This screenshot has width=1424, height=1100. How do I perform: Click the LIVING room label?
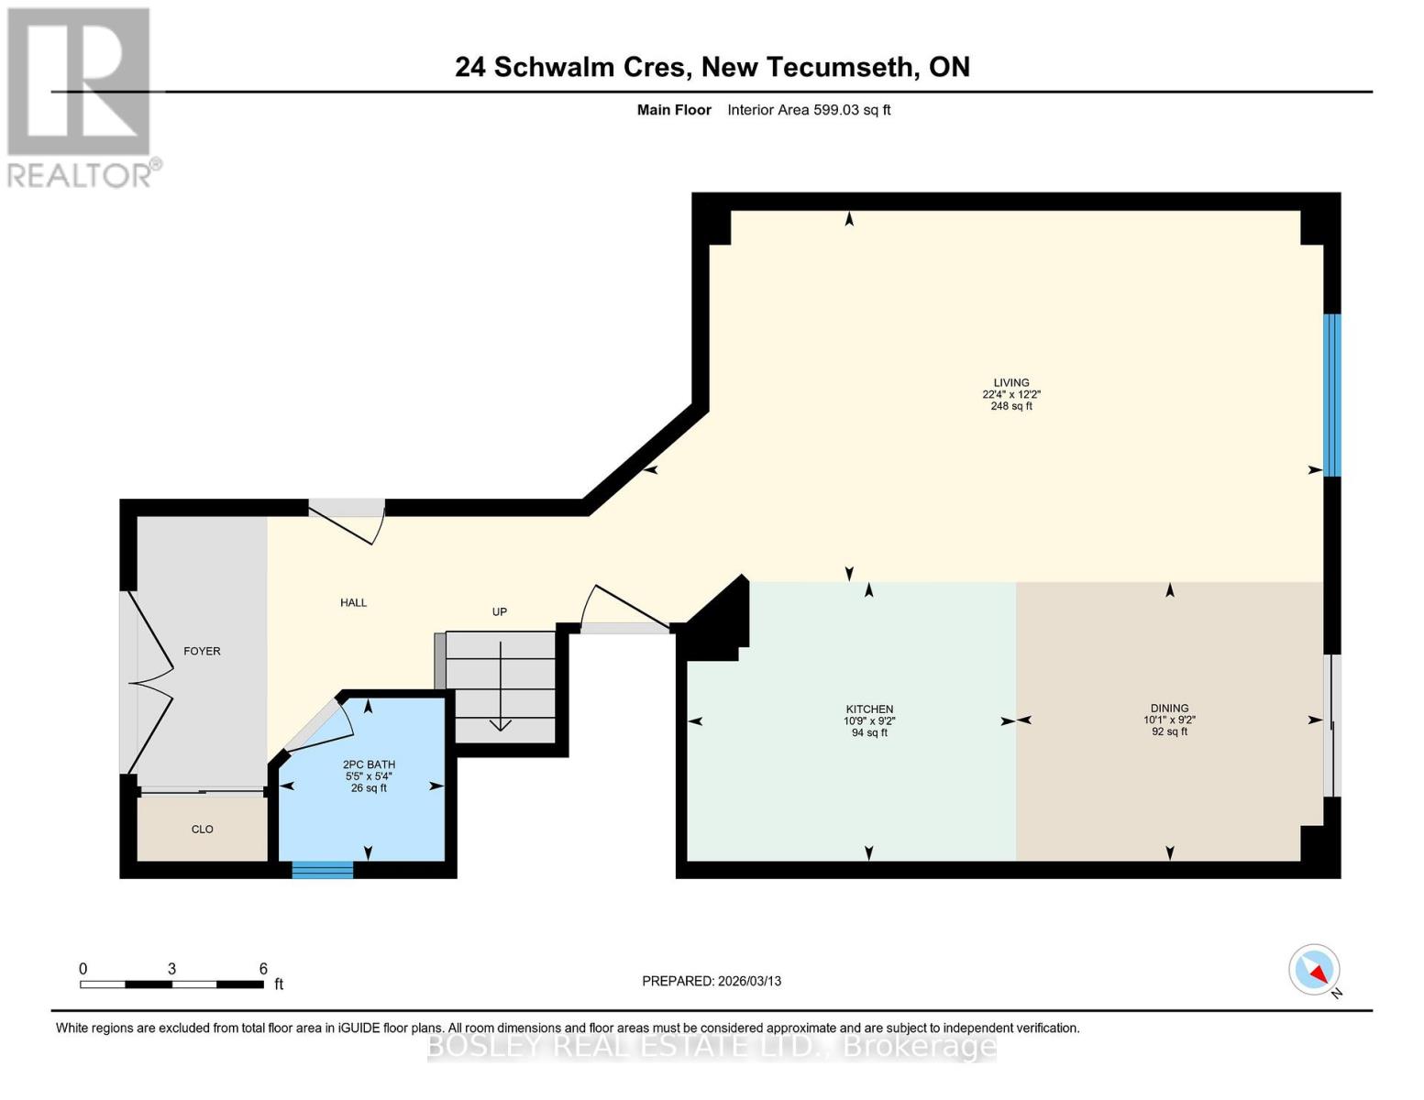[x=1010, y=383]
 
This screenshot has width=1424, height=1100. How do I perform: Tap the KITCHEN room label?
[x=868, y=709]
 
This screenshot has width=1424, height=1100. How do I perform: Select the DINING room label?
[x=1169, y=709]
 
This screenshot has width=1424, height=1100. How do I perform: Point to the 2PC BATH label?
[x=369, y=764]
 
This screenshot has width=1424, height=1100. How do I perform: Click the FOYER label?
[x=202, y=652]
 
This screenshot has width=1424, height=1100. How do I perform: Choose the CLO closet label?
[x=202, y=830]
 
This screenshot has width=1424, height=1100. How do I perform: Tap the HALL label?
[x=353, y=603]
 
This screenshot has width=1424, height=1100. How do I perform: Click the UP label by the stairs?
[x=499, y=612]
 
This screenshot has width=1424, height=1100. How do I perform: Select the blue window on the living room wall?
[x=1331, y=395]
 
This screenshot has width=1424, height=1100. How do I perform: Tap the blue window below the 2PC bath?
[x=322, y=870]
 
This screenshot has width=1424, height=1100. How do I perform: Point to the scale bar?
[x=171, y=984]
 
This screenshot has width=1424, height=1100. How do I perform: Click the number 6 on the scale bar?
[x=263, y=969]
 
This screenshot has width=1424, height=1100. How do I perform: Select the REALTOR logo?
[x=81, y=96]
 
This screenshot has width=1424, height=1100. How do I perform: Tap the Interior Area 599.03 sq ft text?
[x=809, y=110]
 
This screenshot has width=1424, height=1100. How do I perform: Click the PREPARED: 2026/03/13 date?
[x=711, y=981]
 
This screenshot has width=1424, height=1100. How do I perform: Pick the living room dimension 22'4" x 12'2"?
[x=1010, y=395]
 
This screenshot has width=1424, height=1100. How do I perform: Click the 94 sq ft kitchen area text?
[x=868, y=733]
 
